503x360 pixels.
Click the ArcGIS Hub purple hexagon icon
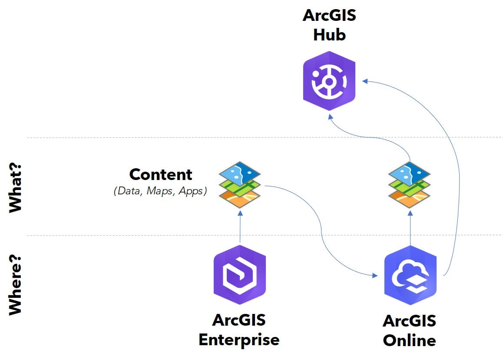tap(329, 81)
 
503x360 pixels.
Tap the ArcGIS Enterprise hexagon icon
tap(239, 275)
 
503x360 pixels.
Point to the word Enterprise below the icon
tap(239, 340)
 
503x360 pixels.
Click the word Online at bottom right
tap(410, 340)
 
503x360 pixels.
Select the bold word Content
tap(161, 174)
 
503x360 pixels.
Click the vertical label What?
tap(16, 191)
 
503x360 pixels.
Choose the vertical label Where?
tap(16, 282)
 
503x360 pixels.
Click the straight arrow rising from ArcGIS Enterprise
tap(239, 226)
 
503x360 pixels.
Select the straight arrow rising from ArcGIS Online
tap(410, 226)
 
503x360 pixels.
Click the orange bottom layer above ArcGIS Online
tap(410, 198)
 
